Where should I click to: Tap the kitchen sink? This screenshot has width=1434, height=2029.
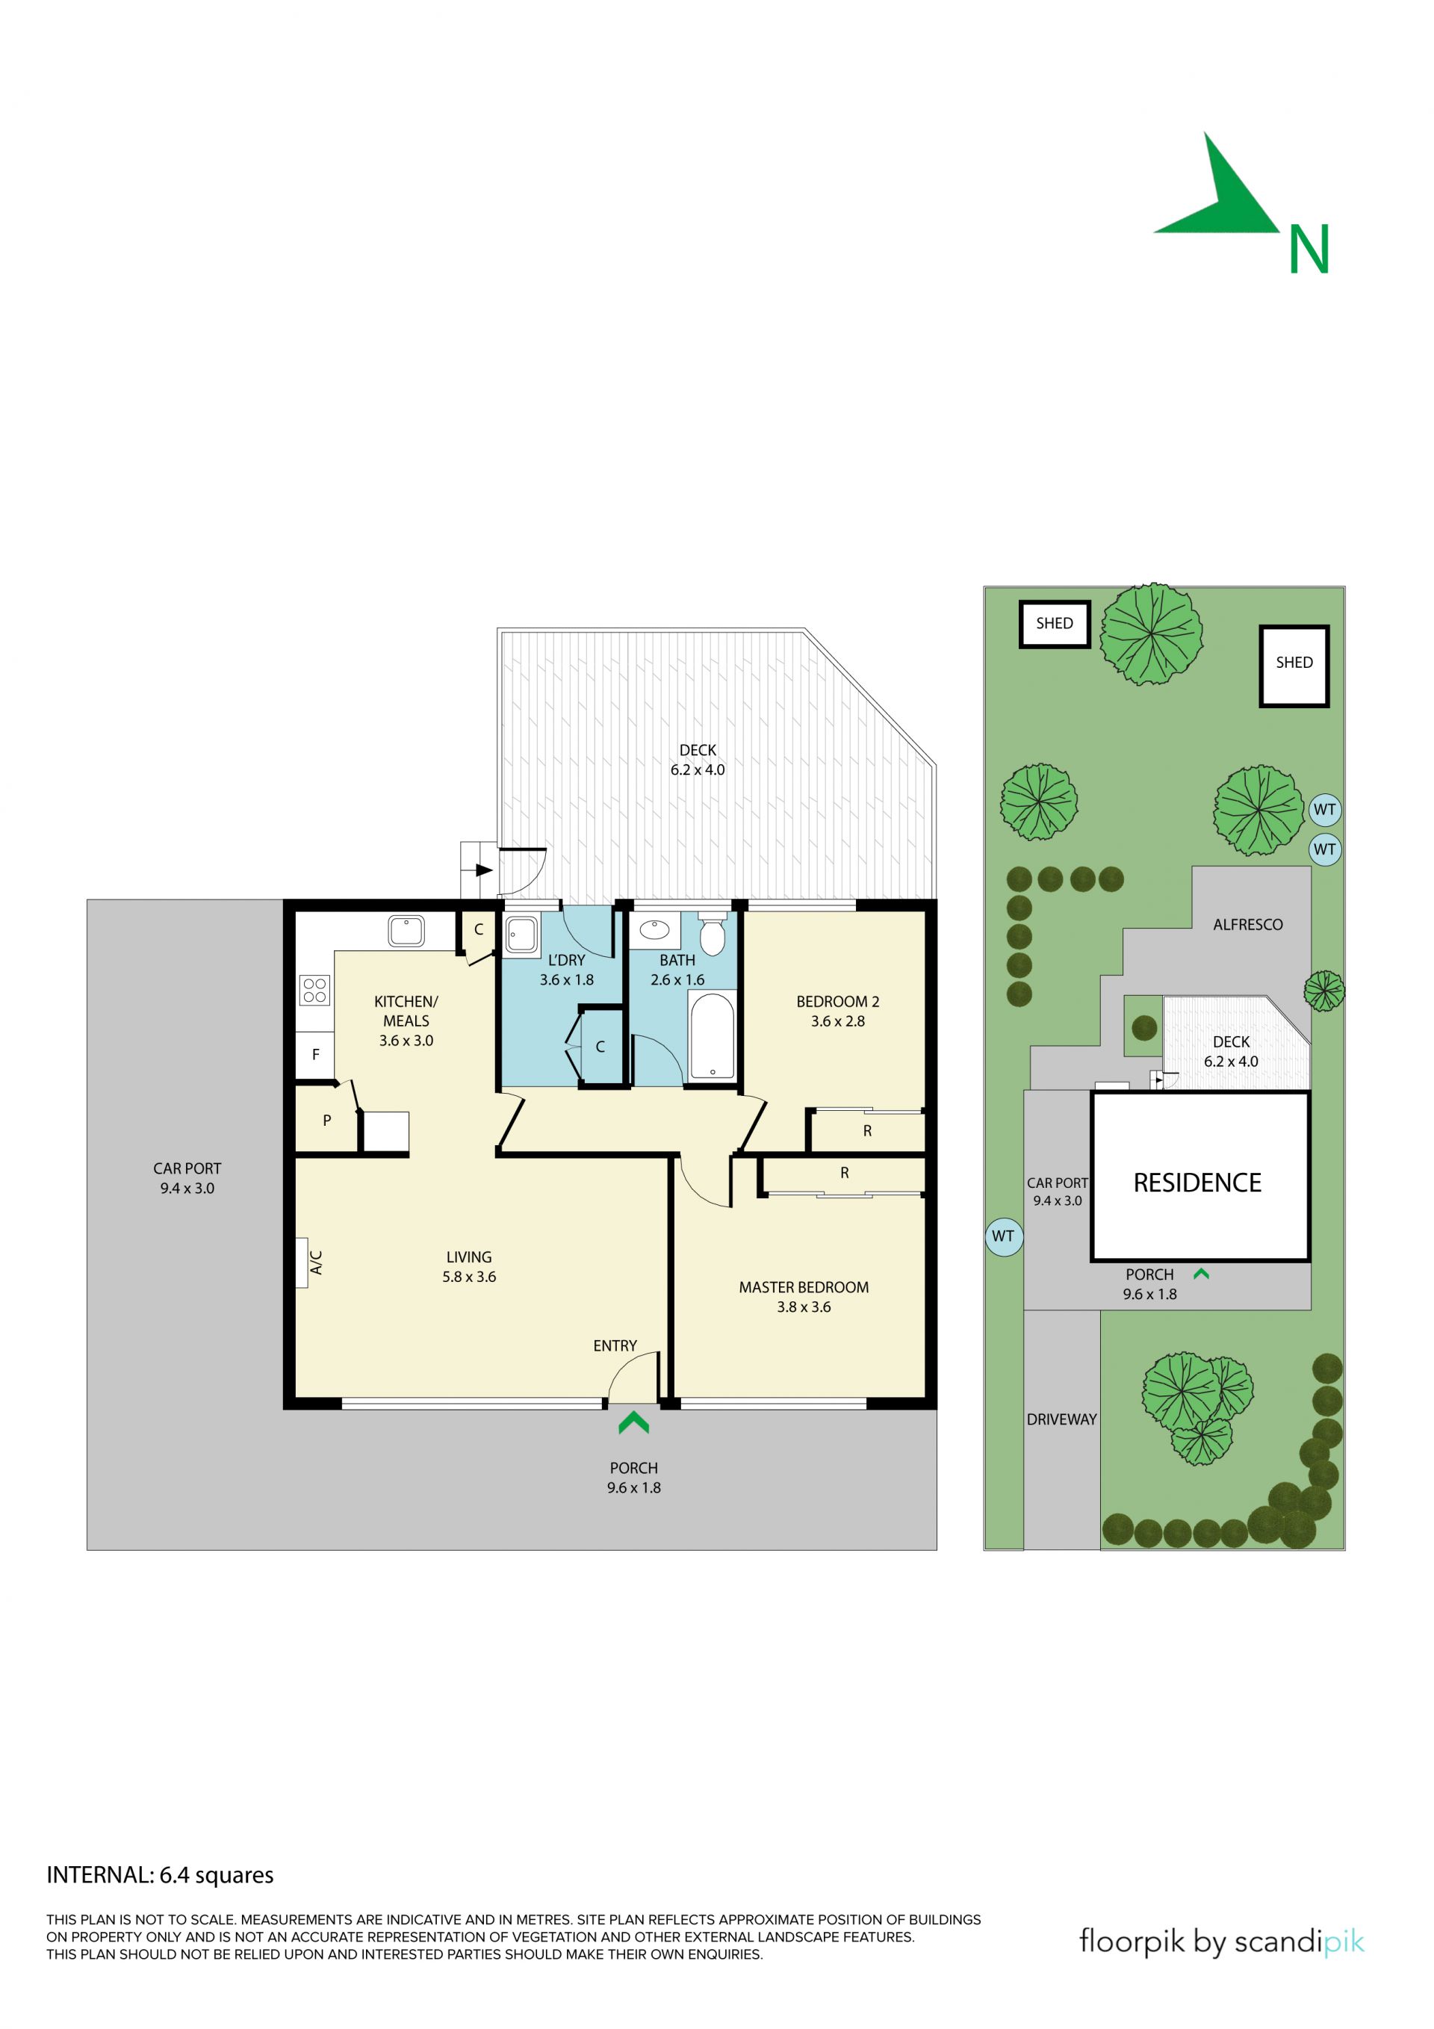(x=406, y=931)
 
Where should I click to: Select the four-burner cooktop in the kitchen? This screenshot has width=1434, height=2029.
(x=314, y=990)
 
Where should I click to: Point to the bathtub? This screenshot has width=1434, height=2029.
(x=712, y=1035)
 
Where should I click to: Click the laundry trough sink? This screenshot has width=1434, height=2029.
(x=521, y=934)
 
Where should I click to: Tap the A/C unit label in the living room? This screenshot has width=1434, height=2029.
(x=315, y=1262)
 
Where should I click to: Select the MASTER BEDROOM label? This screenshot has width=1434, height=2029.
(x=803, y=1288)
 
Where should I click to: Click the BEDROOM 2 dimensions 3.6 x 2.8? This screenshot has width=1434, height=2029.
(x=837, y=1020)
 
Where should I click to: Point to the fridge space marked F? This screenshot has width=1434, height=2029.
(x=315, y=1054)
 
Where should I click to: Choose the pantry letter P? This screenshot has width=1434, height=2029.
(x=327, y=1121)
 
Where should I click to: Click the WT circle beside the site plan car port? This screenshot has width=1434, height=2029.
(x=1003, y=1236)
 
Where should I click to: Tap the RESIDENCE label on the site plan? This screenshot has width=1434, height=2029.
(x=1197, y=1183)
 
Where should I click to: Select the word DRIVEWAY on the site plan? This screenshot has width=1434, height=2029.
(x=1061, y=1419)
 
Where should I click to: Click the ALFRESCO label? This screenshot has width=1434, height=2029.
(x=1247, y=924)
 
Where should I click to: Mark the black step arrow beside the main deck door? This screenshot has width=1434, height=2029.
(x=483, y=870)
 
